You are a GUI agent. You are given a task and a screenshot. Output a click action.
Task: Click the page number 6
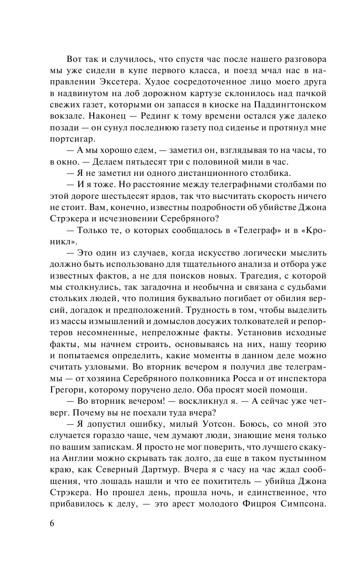point(52,522)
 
